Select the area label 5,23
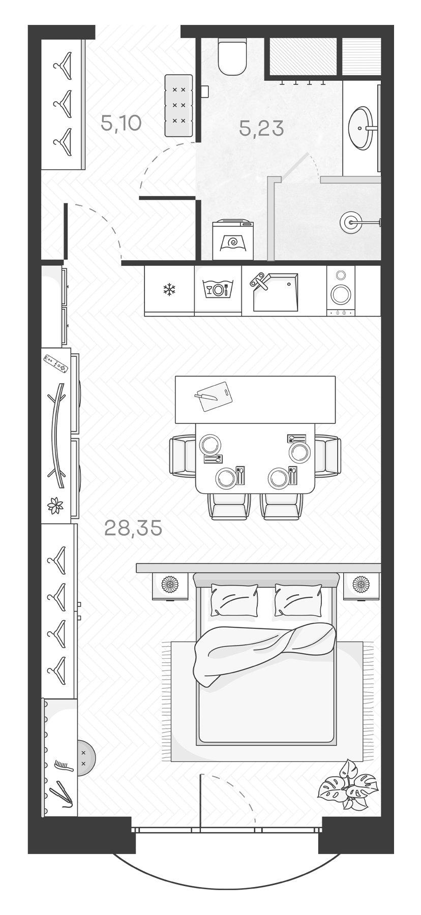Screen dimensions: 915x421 261,129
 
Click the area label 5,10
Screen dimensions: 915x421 121,123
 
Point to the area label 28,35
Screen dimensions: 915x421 133,528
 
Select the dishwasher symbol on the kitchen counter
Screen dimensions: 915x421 218,290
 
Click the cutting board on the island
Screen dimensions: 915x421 214,396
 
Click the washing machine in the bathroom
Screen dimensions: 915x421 233,239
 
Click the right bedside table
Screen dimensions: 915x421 361,586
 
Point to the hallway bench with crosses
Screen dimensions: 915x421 179,105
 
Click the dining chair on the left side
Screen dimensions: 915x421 182,456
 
